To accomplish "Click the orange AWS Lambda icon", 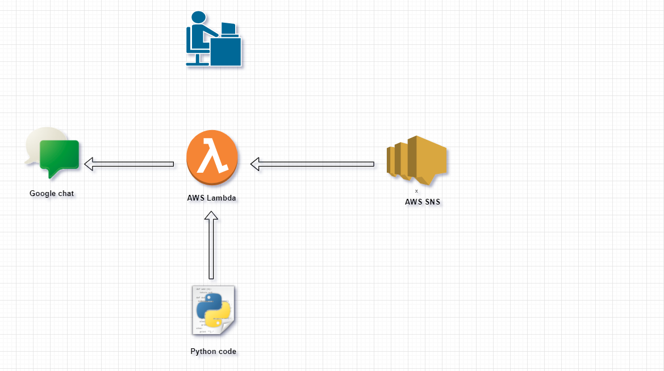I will (211, 157).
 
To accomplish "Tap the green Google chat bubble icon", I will (59, 159).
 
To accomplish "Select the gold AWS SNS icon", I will (416, 160).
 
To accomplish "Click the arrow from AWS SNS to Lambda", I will (312, 164).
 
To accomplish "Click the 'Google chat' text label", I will (52, 193).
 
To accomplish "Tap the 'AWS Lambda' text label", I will (211, 198).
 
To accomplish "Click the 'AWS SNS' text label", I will (422, 202).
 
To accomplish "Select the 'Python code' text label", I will (213, 351).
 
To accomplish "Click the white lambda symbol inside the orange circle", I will (211, 156).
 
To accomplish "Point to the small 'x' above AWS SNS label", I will (416, 191).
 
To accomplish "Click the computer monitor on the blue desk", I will (228, 29).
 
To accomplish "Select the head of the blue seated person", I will (198, 17).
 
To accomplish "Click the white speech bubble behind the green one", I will (39, 143).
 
